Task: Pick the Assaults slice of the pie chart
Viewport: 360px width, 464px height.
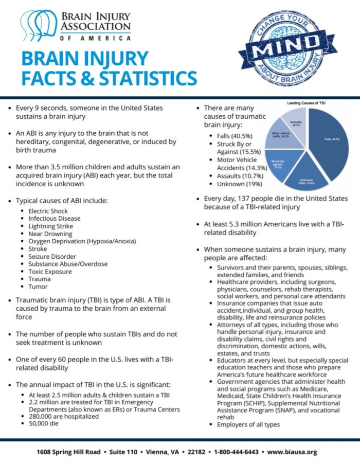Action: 297,123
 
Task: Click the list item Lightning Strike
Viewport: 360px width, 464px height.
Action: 51,226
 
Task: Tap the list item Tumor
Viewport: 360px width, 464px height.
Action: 38,286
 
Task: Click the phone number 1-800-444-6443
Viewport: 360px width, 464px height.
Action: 237,452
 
